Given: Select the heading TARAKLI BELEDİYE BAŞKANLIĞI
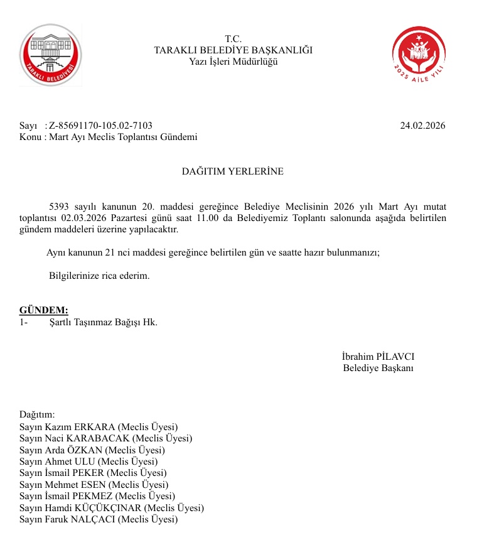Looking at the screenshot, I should tap(233, 50).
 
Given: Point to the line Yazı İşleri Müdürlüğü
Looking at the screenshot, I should tap(233, 61).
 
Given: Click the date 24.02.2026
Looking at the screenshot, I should tap(422, 126).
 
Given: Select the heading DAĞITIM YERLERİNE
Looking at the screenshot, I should tap(233, 171).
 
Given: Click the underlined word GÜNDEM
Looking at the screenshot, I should tap(43, 311).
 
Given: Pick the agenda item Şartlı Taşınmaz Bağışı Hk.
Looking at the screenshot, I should tap(103, 322).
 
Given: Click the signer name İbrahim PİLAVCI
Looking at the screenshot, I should tap(378, 356).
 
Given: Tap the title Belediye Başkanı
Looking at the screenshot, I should tap(378, 367).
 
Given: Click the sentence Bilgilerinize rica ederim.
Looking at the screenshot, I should tap(99, 276).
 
